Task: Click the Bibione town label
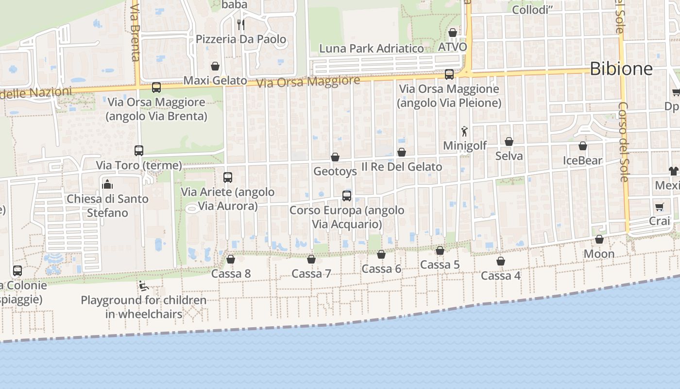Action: click(x=621, y=69)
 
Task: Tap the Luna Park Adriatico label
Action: click(x=372, y=49)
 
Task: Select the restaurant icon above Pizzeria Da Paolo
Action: click(x=240, y=24)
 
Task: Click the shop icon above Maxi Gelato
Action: click(x=215, y=66)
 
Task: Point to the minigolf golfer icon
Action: click(x=464, y=131)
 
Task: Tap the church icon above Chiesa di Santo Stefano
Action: click(x=107, y=184)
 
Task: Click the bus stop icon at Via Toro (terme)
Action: click(x=139, y=151)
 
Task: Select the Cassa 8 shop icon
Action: click(x=231, y=259)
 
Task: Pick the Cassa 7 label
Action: click(x=311, y=274)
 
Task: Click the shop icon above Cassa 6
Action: click(x=381, y=254)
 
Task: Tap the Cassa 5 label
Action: click(x=440, y=265)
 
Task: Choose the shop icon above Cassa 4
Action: click(x=501, y=261)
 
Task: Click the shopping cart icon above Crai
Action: click(x=659, y=207)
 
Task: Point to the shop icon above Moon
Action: click(x=599, y=239)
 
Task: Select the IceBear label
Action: click(x=582, y=160)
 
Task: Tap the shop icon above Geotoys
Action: click(x=335, y=157)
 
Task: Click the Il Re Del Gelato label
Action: click(x=402, y=167)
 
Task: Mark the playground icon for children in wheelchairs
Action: click(x=143, y=286)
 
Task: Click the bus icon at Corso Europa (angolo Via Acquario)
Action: click(x=347, y=196)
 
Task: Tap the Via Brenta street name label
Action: click(x=136, y=31)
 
